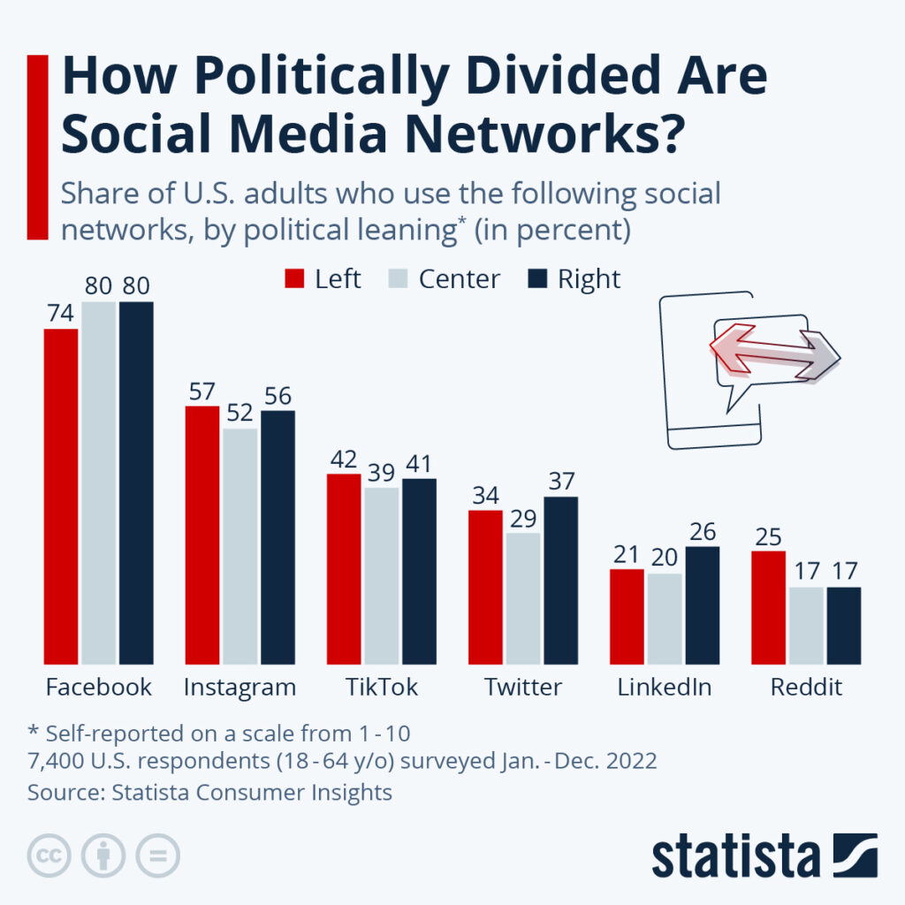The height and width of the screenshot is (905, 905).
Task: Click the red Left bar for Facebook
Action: (x=61, y=496)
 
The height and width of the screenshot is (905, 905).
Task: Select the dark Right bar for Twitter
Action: (x=560, y=580)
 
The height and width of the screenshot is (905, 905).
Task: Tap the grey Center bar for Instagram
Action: (x=240, y=546)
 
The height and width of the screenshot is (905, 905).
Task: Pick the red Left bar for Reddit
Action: (x=768, y=607)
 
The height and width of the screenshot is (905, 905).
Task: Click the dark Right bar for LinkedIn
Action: (x=702, y=605)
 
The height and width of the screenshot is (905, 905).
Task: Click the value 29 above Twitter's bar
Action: (x=523, y=516)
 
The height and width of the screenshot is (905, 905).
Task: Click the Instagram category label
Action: (x=240, y=688)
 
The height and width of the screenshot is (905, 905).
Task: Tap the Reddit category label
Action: (x=805, y=688)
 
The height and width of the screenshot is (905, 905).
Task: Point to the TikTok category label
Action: (x=382, y=688)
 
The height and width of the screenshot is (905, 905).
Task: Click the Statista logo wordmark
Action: (x=735, y=856)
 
